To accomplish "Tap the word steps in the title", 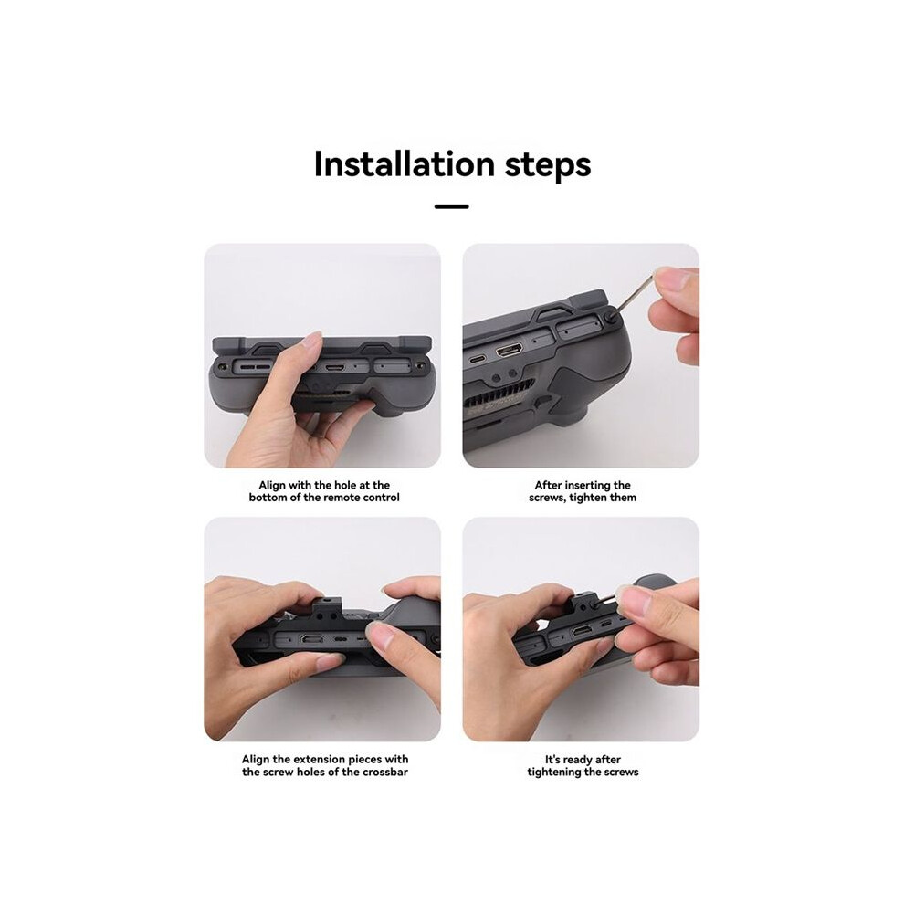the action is click(548, 166).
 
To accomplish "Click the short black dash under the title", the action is click(451, 206).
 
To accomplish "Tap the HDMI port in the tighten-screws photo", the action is click(510, 350).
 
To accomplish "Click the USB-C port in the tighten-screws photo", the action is click(477, 359).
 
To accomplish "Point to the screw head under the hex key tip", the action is click(611, 317).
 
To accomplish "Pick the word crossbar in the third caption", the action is click(385, 772).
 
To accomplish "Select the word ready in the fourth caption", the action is click(580, 760).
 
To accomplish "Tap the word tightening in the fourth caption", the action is click(552, 773).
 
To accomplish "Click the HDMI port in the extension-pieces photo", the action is click(312, 639).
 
